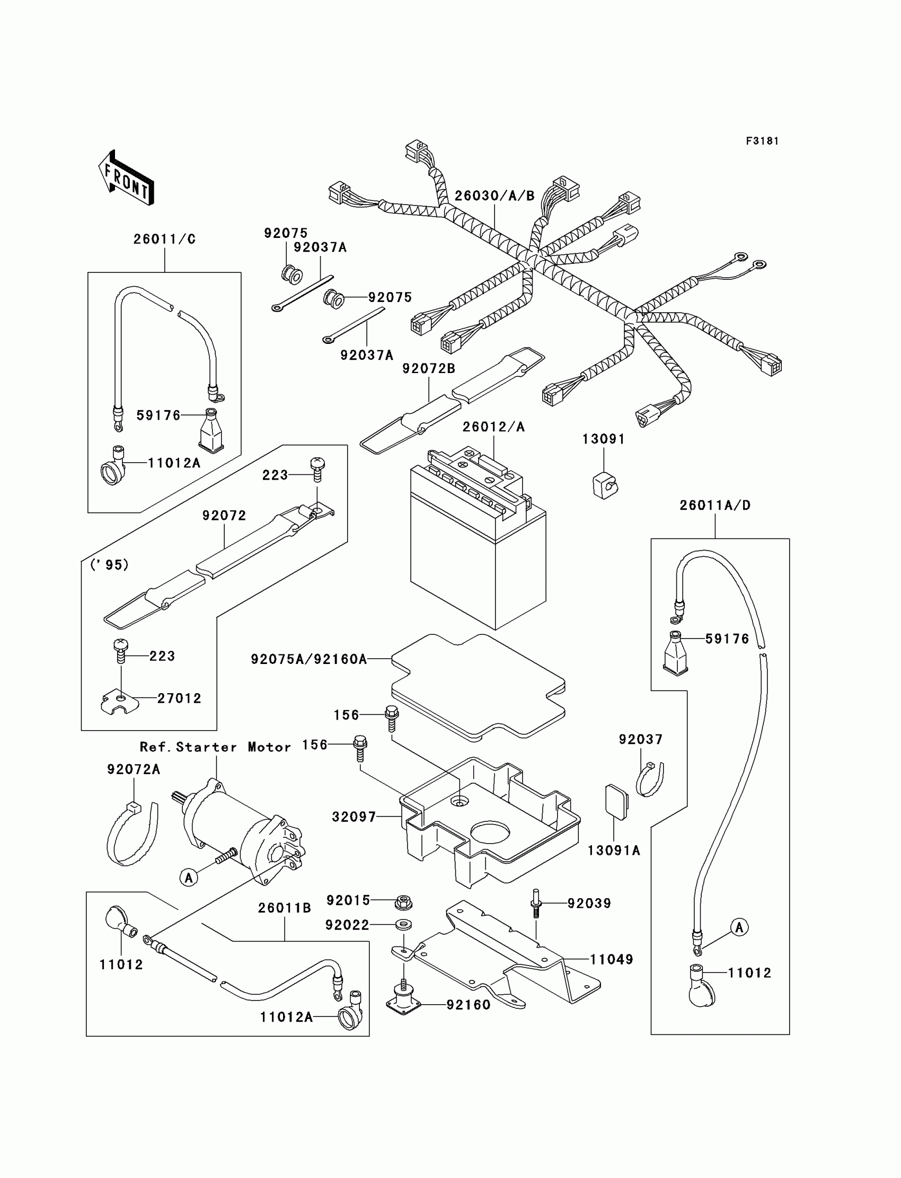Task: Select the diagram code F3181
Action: click(x=762, y=141)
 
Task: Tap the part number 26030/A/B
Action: click(x=494, y=196)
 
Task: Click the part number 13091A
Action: click(x=614, y=851)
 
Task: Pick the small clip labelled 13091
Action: click(x=605, y=485)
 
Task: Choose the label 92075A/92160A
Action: click(x=309, y=660)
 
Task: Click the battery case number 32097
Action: click(x=354, y=817)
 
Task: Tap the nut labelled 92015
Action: click(x=402, y=902)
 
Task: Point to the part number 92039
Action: click(x=589, y=904)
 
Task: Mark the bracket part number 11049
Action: click(x=612, y=960)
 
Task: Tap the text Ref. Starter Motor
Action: click(x=215, y=747)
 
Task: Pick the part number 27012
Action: click(x=179, y=698)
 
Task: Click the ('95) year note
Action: click(x=109, y=565)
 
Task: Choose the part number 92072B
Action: click(x=429, y=369)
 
